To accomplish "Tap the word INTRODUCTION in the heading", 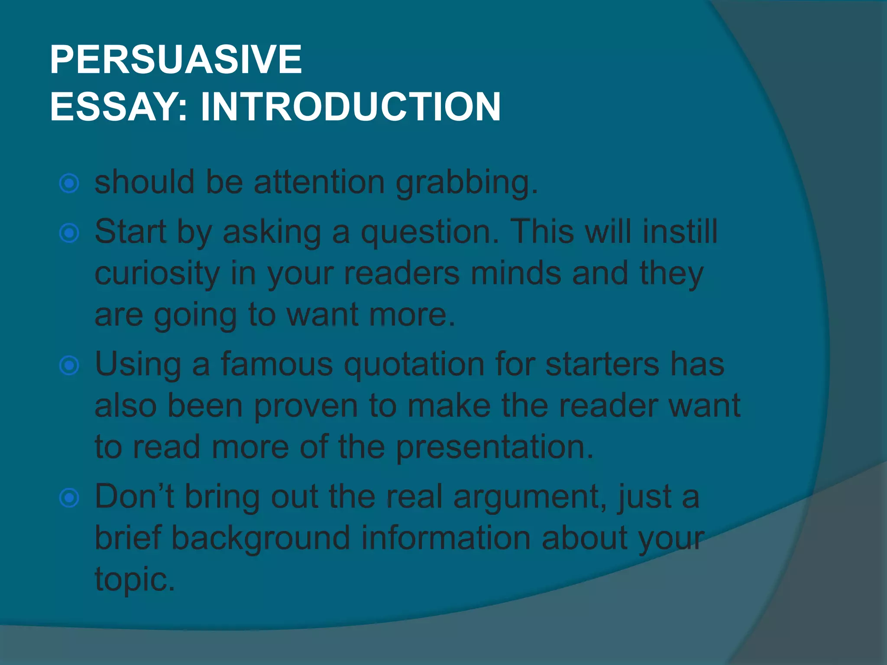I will tap(350, 107).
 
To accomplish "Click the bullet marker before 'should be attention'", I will tap(69, 184).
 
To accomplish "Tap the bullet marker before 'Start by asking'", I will tap(69, 233).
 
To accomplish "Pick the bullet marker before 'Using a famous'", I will tap(69, 366).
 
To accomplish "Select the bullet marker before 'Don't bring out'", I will tap(69, 498).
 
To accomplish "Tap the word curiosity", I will tap(157, 274).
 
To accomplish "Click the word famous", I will tap(277, 365).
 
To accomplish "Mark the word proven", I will tap(306, 407).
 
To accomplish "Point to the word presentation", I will tap(495, 448).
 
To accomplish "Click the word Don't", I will tap(134, 497).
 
